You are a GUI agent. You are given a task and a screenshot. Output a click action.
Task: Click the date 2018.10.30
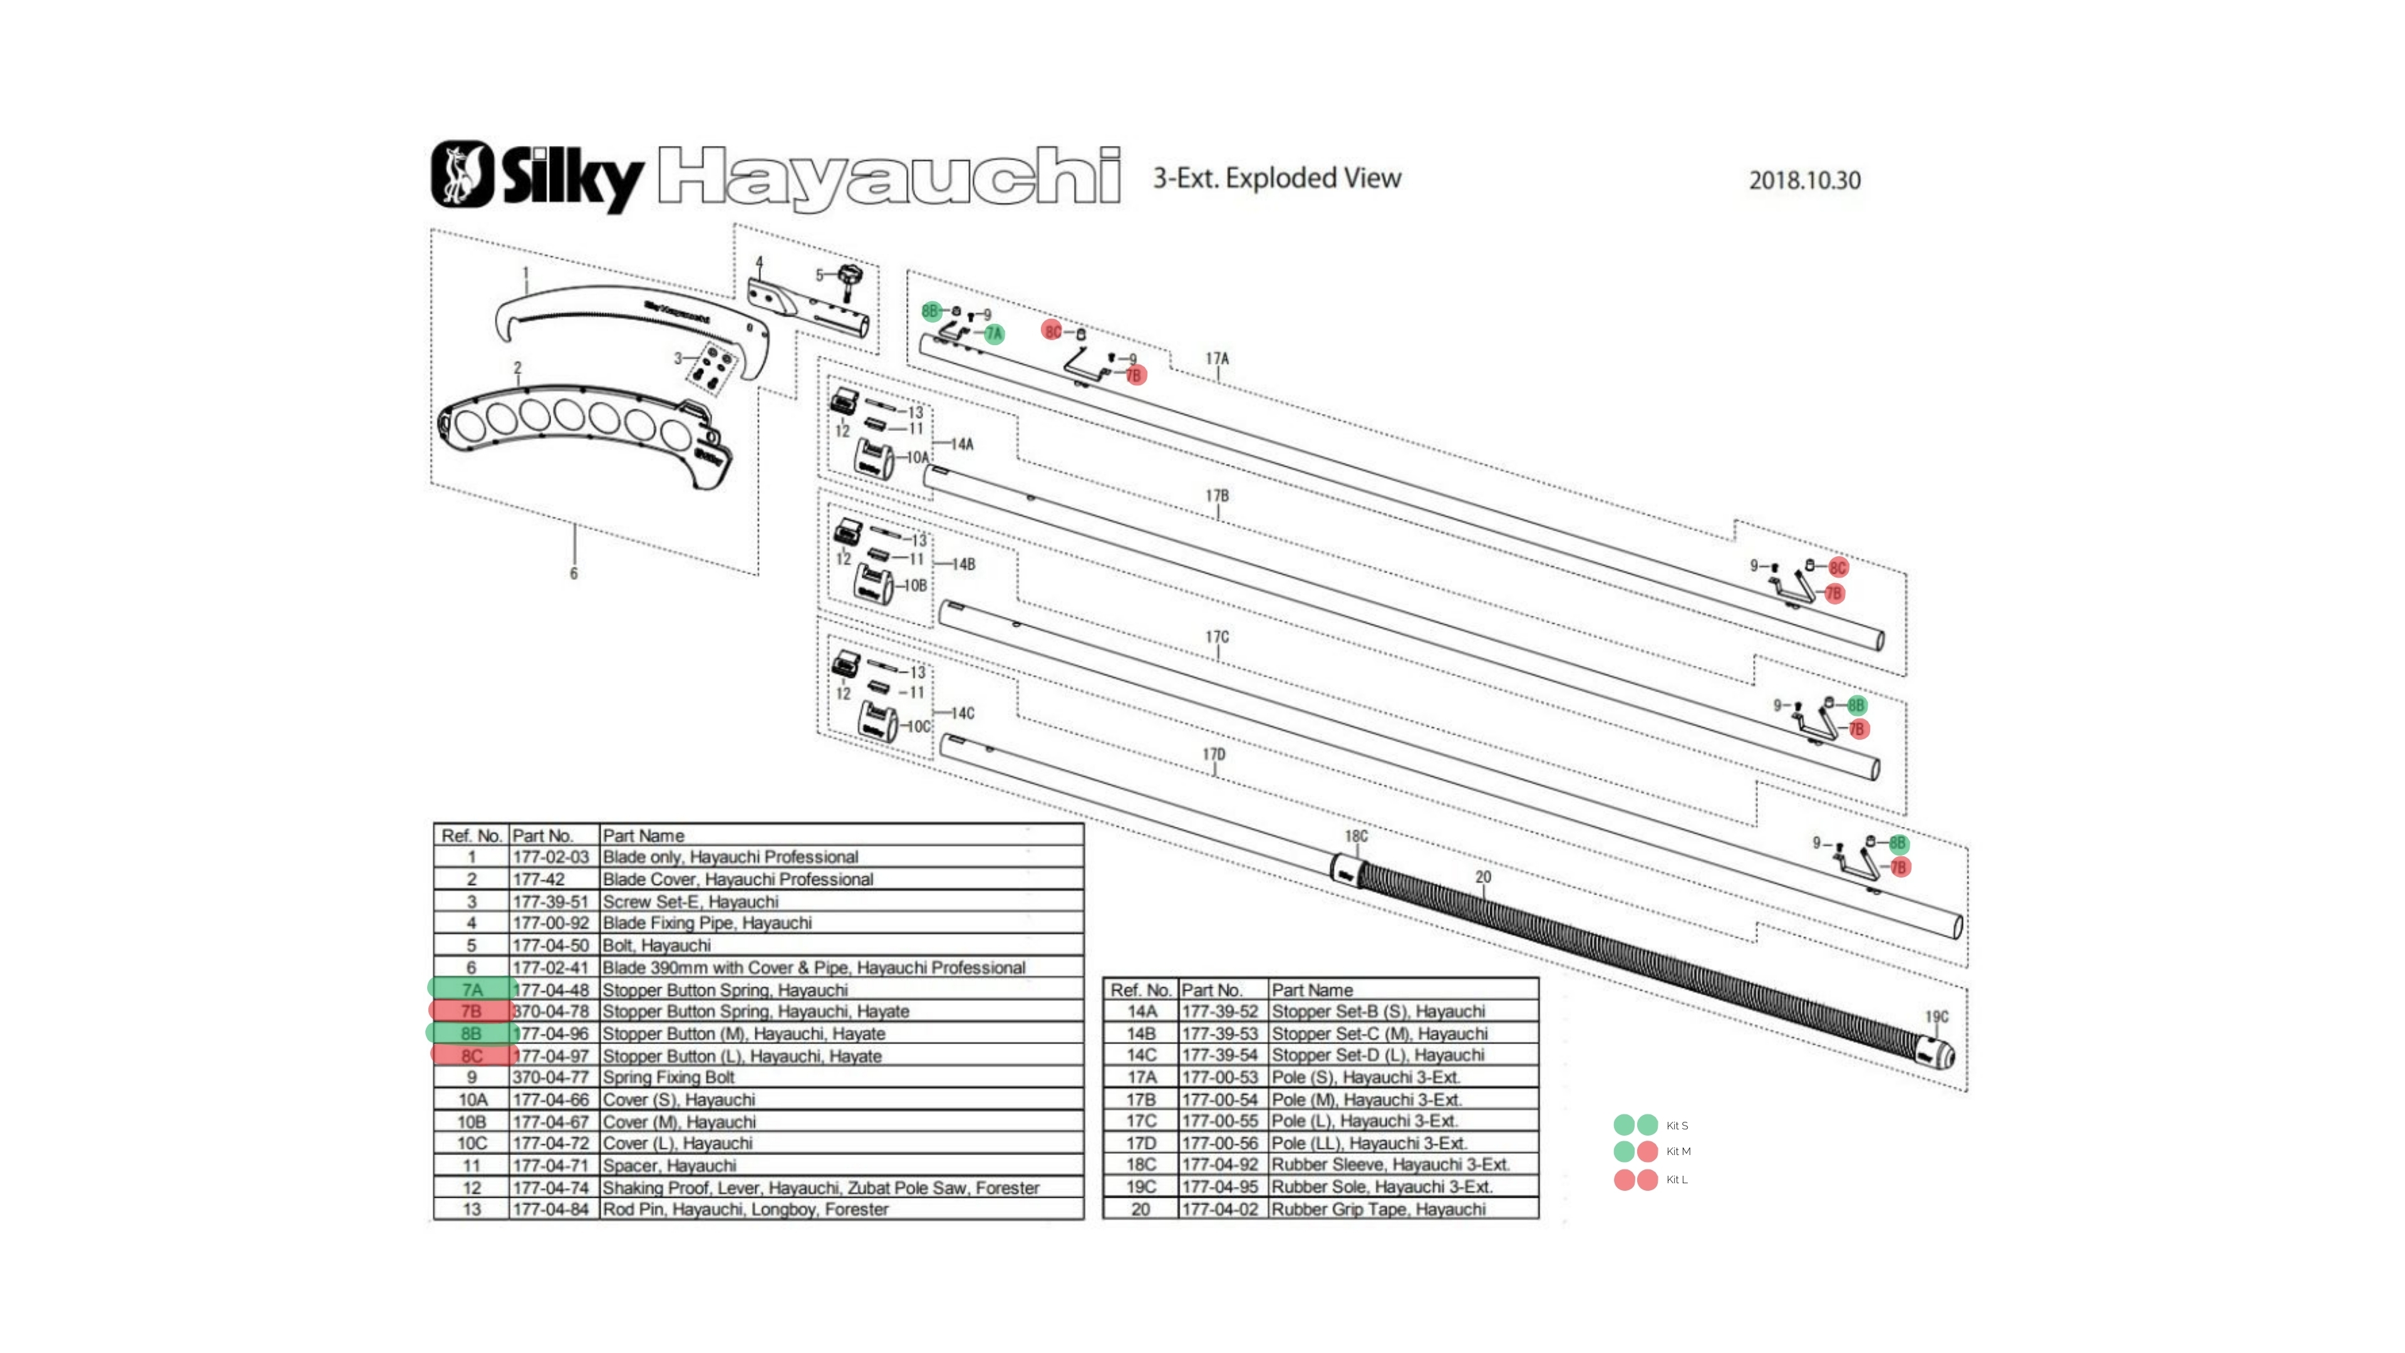1804,180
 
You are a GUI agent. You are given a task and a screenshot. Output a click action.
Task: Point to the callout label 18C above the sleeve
1355,836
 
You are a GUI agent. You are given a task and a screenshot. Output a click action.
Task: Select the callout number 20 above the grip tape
1482,877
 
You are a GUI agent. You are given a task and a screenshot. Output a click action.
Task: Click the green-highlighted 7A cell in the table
472,989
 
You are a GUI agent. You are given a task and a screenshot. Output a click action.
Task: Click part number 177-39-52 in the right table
1219,1011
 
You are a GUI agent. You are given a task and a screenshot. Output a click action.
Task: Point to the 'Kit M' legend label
1678,1151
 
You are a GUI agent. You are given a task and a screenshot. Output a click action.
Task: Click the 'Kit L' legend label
1677,1179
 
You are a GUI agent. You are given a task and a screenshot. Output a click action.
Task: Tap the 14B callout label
963,564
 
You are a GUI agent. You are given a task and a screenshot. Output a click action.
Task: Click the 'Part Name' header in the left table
643,836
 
